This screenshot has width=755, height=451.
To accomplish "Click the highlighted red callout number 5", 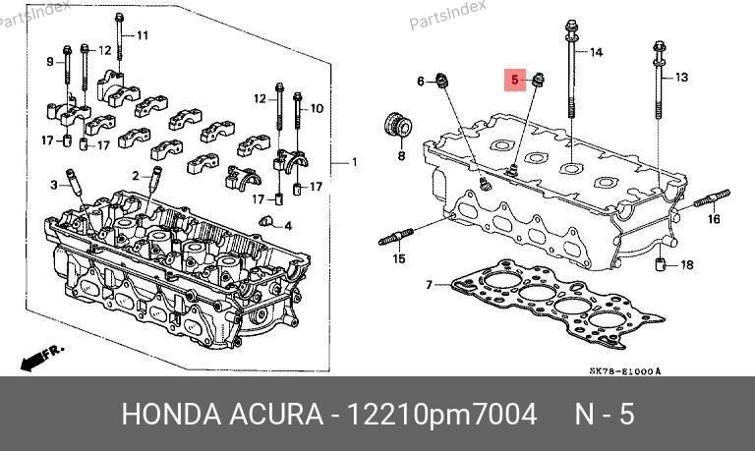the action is pyautogui.click(x=514, y=80).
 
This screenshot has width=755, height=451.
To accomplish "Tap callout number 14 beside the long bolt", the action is pyautogui.click(x=596, y=52).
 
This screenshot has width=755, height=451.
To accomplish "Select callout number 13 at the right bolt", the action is pyautogui.click(x=682, y=77).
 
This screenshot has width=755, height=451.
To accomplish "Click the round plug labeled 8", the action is pyautogui.click(x=398, y=125).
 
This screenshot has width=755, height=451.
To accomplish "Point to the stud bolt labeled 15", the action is pyautogui.click(x=396, y=237).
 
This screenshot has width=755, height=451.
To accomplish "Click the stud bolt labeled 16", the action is pyautogui.click(x=712, y=198).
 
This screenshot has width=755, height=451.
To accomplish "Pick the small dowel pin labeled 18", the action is pyautogui.click(x=661, y=264).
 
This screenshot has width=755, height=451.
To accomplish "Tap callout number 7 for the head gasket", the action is pyautogui.click(x=430, y=285).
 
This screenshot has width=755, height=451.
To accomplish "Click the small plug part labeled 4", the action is pyautogui.click(x=264, y=221).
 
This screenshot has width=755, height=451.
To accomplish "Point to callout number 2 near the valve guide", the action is pyautogui.click(x=136, y=176).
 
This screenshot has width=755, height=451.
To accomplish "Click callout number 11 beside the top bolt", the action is pyautogui.click(x=143, y=35).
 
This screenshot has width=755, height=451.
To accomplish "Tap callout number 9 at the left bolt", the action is pyautogui.click(x=50, y=62).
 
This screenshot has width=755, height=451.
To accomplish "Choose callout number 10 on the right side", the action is pyautogui.click(x=317, y=108).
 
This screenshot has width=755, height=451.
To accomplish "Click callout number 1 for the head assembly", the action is pyautogui.click(x=354, y=162).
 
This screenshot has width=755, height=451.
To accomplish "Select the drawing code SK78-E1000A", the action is pyautogui.click(x=625, y=371).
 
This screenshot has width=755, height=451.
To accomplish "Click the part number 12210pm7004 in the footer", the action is pyautogui.click(x=442, y=414).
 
